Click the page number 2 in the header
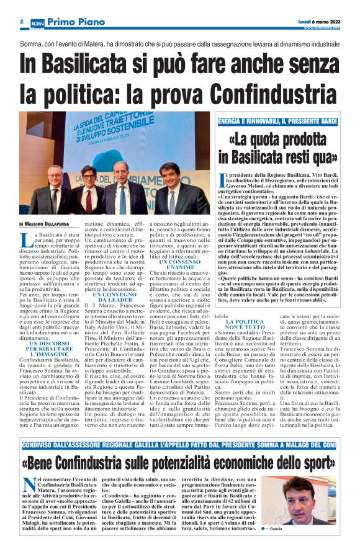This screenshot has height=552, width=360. [x=21, y=22]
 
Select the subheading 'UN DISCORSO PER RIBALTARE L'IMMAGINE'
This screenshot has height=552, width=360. [x=43, y=349]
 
